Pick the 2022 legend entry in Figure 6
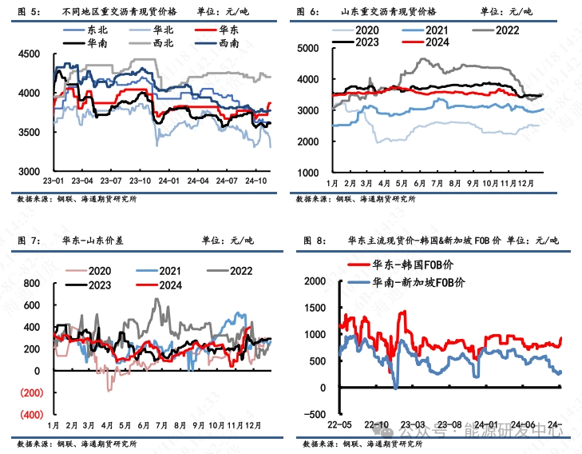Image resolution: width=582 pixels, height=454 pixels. pyautogui.click(x=508, y=30)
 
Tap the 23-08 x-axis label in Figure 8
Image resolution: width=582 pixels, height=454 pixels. pyautogui.click(x=453, y=425)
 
